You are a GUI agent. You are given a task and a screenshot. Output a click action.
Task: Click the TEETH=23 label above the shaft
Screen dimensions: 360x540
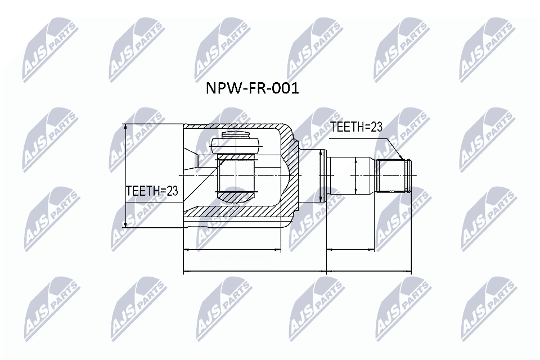click(355, 127)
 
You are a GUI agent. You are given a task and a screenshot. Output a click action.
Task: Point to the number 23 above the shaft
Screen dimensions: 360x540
click(375, 127)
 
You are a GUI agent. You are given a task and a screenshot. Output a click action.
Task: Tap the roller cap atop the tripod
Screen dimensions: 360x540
click(237, 135)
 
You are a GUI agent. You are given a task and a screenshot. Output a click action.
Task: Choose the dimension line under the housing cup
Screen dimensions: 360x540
click(232, 249)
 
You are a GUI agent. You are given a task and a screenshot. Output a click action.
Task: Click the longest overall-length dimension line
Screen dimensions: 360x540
click(298, 272)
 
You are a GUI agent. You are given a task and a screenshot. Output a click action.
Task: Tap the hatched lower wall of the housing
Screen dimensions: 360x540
click(236, 213)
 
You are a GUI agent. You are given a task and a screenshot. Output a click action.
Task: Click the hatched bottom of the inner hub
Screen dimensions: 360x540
click(236, 196)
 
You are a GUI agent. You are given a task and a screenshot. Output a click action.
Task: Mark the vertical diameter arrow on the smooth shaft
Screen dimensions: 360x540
click(355, 175)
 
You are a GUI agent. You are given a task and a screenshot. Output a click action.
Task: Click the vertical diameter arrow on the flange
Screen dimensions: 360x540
click(320, 175)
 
